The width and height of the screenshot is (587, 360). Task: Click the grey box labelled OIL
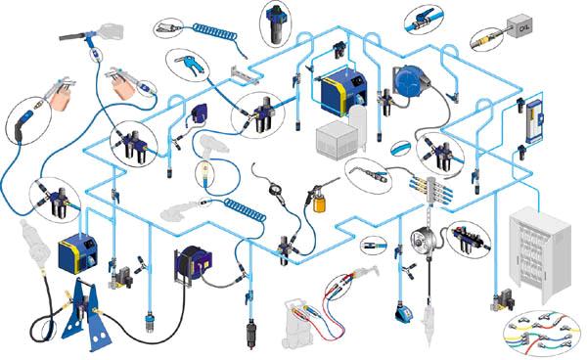point(519,26)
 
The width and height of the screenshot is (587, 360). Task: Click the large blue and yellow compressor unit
point(341,93)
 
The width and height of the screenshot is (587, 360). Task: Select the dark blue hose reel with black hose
point(193,263)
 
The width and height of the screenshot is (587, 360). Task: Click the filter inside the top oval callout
point(276,23)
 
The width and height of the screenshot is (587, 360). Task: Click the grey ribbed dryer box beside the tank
point(335,140)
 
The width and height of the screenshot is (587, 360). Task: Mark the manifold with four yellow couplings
point(429,191)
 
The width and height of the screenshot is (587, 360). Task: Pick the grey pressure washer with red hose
point(299,324)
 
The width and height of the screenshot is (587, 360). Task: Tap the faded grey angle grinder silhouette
point(179,210)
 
